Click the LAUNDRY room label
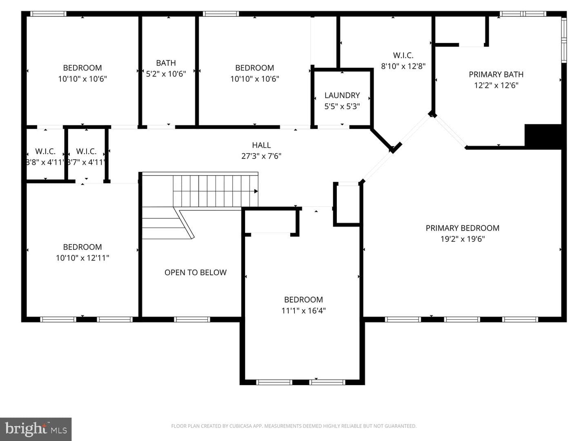pyautogui.click(x=342, y=95)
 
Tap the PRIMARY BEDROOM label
pyautogui.click(x=462, y=228)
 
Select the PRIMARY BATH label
pyautogui.click(x=496, y=74)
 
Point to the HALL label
pyautogui.click(x=261, y=145)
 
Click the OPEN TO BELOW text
pyautogui.click(x=195, y=273)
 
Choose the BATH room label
pyautogui.click(x=166, y=63)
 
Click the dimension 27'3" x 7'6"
pyautogui.click(x=261, y=156)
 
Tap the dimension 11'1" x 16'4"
pyautogui.click(x=303, y=311)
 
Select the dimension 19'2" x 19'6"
pyautogui.click(x=463, y=239)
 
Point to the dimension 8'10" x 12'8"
pyautogui.click(x=403, y=66)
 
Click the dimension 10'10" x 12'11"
pyautogui.click(x=82, y=258)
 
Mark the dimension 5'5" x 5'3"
pyautogui.click(x=342, y=107)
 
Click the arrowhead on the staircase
pyautogui.click(x=256, y=191)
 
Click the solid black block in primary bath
pyautogui.click(x=543, y=136)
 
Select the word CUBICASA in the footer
pyautogui.click(x=239, y=426)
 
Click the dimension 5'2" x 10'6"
pyautogui.click(x=166, y=73)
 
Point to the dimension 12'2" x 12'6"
pyautogui.click(x=496, y=85)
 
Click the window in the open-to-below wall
pyautogui.click(x=192, y=319)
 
